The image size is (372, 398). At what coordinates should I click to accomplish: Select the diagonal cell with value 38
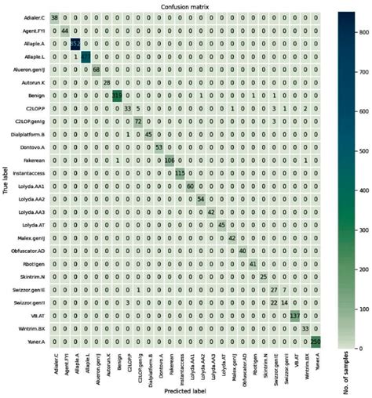point(54,17)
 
